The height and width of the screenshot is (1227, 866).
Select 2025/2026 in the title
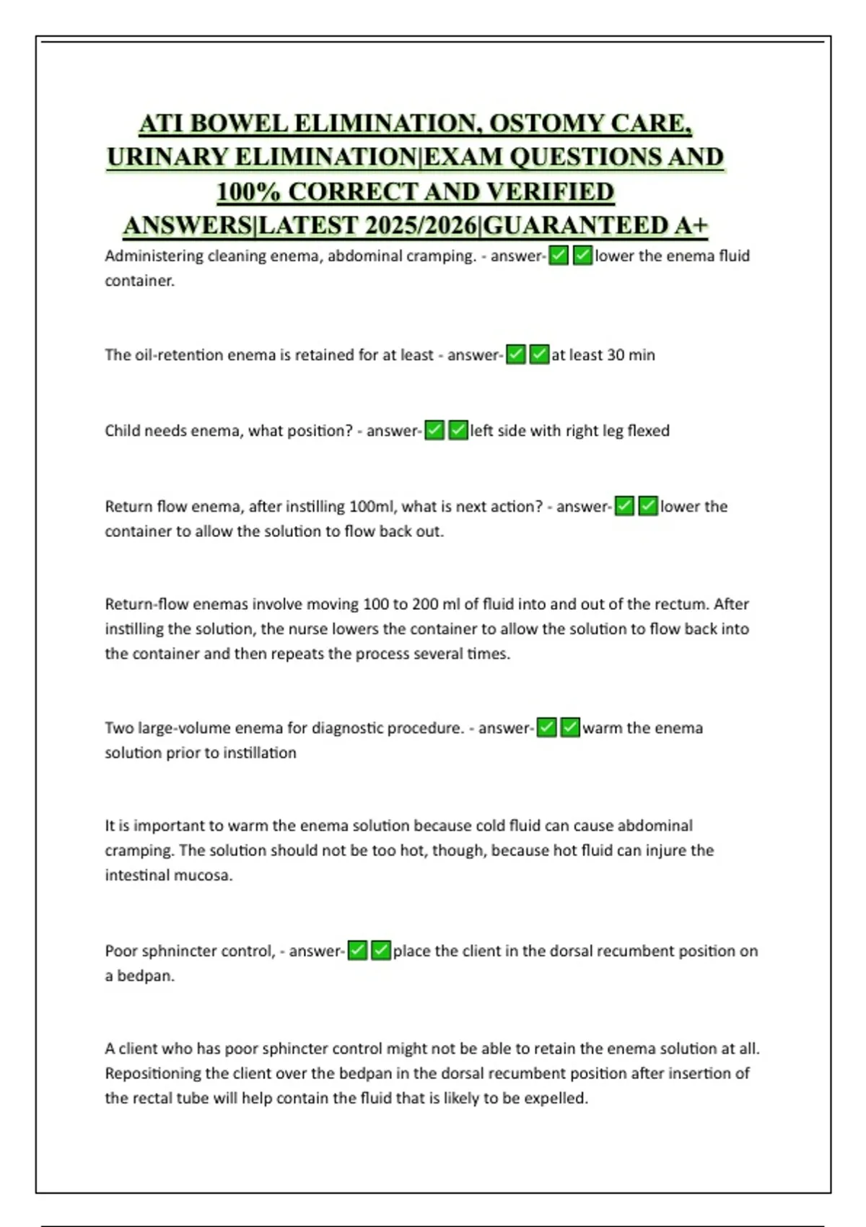click(x=421, y=226)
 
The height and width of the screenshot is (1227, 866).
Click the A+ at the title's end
click(x=691, y=226)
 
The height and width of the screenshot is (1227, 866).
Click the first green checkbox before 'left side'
click(x=434, y=431)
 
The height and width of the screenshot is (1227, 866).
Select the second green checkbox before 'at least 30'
click(x=539, y=355)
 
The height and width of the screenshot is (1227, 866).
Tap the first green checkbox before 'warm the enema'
click(x=547, y=728)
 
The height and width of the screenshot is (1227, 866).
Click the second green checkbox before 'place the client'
click(x=381, y=951)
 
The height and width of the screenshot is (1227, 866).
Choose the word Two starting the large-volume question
click(x=119, y=728)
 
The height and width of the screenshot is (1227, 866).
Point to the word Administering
click(x=154, y=256)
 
